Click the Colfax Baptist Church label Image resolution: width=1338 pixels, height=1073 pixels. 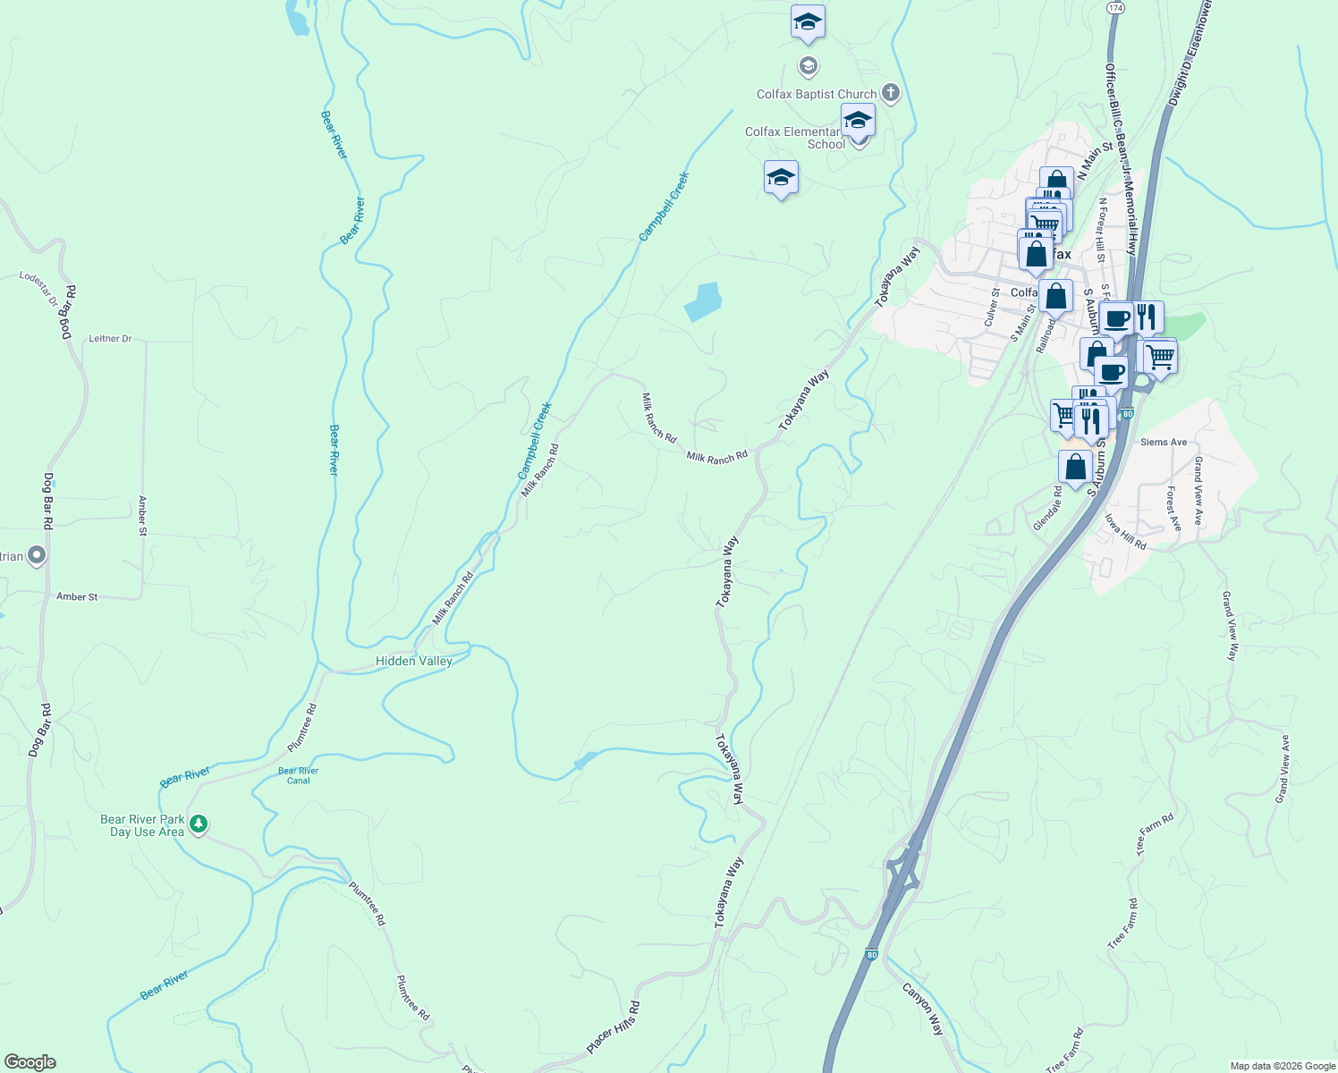[816, 94]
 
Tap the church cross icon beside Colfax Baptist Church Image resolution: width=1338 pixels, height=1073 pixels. [890, 92]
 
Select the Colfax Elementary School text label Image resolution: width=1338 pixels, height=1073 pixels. [793, 138]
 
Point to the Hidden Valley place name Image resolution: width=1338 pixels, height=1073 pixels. [413, 661]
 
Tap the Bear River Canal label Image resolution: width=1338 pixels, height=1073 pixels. [298, 775]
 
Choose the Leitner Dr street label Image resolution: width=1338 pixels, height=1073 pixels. [110, 339]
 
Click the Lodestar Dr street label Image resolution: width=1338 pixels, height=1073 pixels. [38, 289]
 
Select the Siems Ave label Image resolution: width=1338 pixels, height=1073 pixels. [1164, 443]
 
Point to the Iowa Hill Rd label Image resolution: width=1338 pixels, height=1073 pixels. [1125, 532]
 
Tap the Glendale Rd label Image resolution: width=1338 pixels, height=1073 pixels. [1047, 509]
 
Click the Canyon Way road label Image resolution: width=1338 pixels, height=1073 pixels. [922, 1009]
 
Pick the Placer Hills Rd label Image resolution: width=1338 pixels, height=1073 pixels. [613, 1027]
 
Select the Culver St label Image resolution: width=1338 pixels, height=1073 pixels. [992, 307]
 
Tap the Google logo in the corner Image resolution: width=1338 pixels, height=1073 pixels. [30, 1062]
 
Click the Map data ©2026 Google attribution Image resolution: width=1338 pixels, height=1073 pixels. [1283, 1066]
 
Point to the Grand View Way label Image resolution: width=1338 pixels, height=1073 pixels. [1231, 626]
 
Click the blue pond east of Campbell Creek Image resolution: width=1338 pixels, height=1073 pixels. [703, 302]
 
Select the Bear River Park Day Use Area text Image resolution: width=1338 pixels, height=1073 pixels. [142, 825]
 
